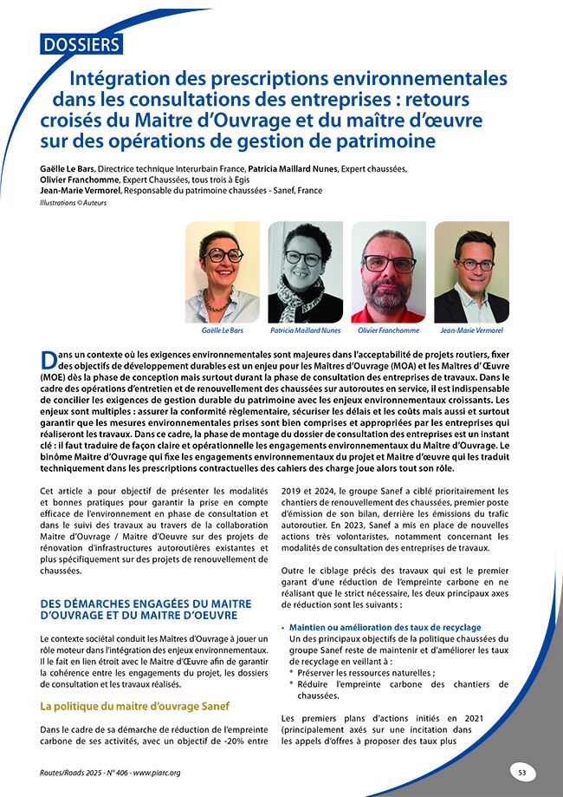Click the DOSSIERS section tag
81,42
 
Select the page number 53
522,771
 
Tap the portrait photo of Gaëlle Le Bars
222,272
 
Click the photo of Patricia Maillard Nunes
305,272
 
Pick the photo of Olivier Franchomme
388,272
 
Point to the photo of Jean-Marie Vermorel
471,272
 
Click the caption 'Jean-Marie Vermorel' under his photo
472,330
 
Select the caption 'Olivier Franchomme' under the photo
388,330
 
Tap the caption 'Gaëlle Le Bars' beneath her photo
222,330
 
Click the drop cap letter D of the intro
50,360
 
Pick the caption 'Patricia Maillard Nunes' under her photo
305,330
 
